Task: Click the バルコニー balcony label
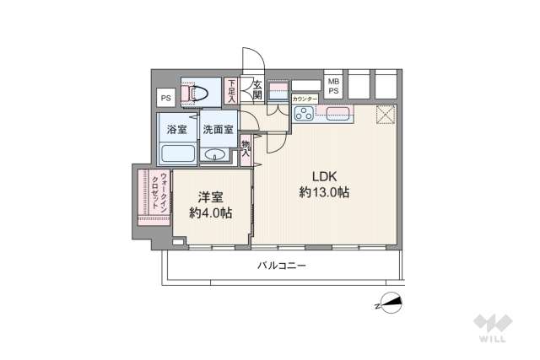[x=282, y=266]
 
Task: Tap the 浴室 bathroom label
[x=176, y=130]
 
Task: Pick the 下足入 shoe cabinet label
[x=232, y=91]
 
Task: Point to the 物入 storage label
[x=246, y=148]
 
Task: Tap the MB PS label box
[x=333, y=85]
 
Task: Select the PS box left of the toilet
[x=165, y=97]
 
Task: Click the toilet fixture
[x=199, y=94]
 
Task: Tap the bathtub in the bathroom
[x=178, y=154]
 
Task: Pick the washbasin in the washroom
[x=216, y=154]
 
